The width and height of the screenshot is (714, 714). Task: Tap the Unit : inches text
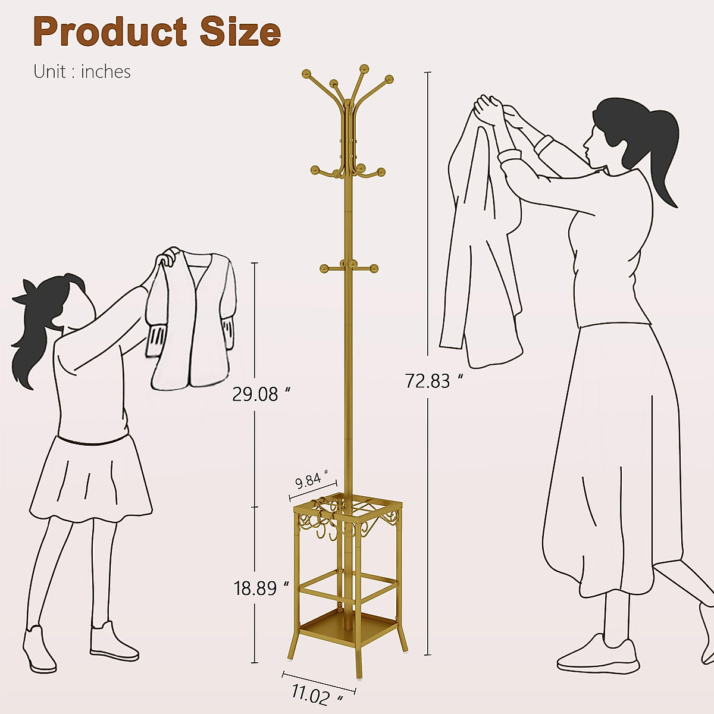click(82, 71)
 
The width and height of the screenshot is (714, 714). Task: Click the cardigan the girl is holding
click(192, 321)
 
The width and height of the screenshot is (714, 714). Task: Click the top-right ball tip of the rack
click(389, 79)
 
